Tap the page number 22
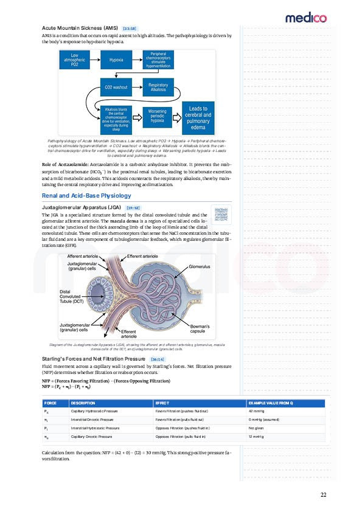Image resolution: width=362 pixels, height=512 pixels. pyautogui.click(x=323, y=494)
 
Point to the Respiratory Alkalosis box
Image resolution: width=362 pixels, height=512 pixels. pyautogui.click(x=158, y=87)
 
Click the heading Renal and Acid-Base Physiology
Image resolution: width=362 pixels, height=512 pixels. pyautogui.click(x=86, y=196)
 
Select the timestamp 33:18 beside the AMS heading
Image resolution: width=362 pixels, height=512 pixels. pyautogui.click(x=128, y=29)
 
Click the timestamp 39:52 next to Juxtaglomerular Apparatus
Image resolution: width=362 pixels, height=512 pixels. pyautogui.click(x=133, y=208)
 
